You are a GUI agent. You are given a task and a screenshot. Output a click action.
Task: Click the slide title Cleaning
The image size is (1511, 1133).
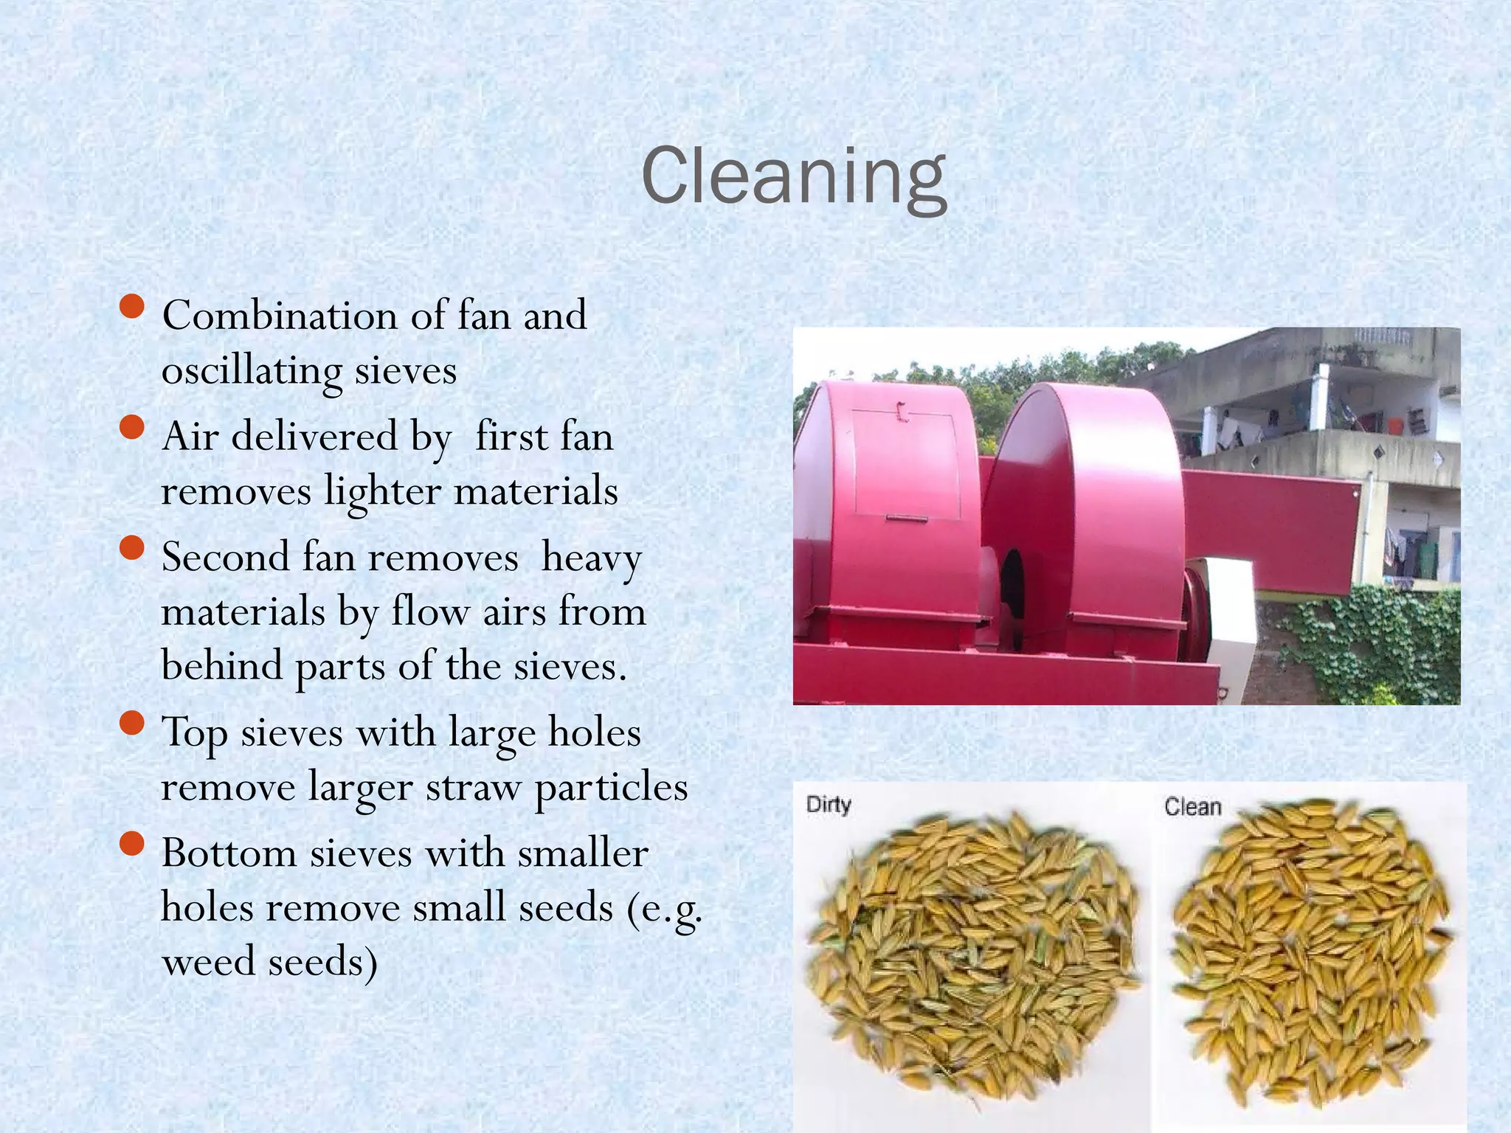coord(794,177)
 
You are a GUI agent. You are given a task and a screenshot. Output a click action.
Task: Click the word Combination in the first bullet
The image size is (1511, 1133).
coord(279,316)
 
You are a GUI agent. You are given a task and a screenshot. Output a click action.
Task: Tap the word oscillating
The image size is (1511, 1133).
coord(251,370)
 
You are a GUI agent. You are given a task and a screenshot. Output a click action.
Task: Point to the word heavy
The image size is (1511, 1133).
coord(591,558)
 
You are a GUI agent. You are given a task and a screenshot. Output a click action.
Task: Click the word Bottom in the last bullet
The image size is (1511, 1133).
coord(228,854)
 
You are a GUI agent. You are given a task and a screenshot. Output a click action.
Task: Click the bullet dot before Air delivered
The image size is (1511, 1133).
coord(131,427)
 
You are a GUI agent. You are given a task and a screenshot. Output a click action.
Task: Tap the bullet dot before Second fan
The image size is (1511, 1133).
coord(131,548)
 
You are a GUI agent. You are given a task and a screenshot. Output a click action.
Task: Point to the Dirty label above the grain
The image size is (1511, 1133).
coord(829,804)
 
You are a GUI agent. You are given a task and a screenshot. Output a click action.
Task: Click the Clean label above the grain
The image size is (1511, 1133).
coord(1192,807)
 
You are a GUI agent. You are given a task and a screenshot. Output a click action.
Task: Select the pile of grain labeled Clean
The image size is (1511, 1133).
coord(1310,952)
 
